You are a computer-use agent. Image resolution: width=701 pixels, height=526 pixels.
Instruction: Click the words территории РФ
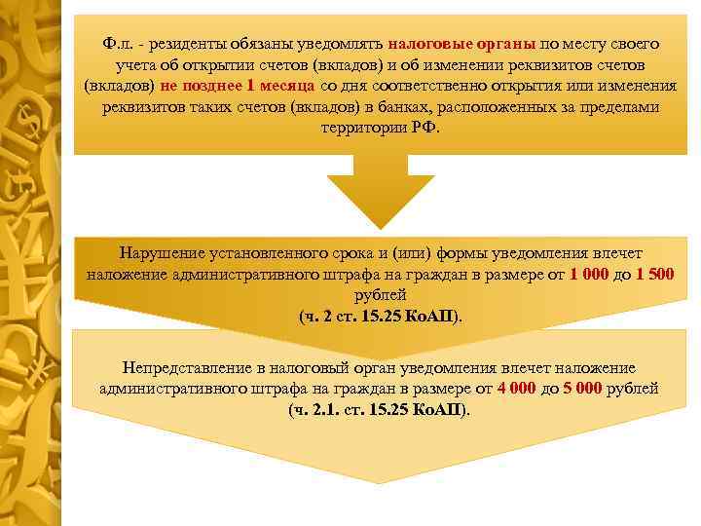(379, 127)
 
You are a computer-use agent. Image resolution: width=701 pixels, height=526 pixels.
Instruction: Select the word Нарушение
(163, 252)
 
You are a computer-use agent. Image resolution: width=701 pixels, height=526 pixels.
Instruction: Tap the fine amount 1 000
(588, 274)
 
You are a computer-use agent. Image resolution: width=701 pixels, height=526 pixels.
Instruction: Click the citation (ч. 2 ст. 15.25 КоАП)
(380, 315)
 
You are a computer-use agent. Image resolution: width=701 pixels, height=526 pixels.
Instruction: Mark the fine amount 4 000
(516, 388)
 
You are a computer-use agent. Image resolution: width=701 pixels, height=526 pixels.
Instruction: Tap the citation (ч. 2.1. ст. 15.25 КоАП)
(380, 409)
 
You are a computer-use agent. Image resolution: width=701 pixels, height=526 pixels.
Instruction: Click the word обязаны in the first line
(266, 44)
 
